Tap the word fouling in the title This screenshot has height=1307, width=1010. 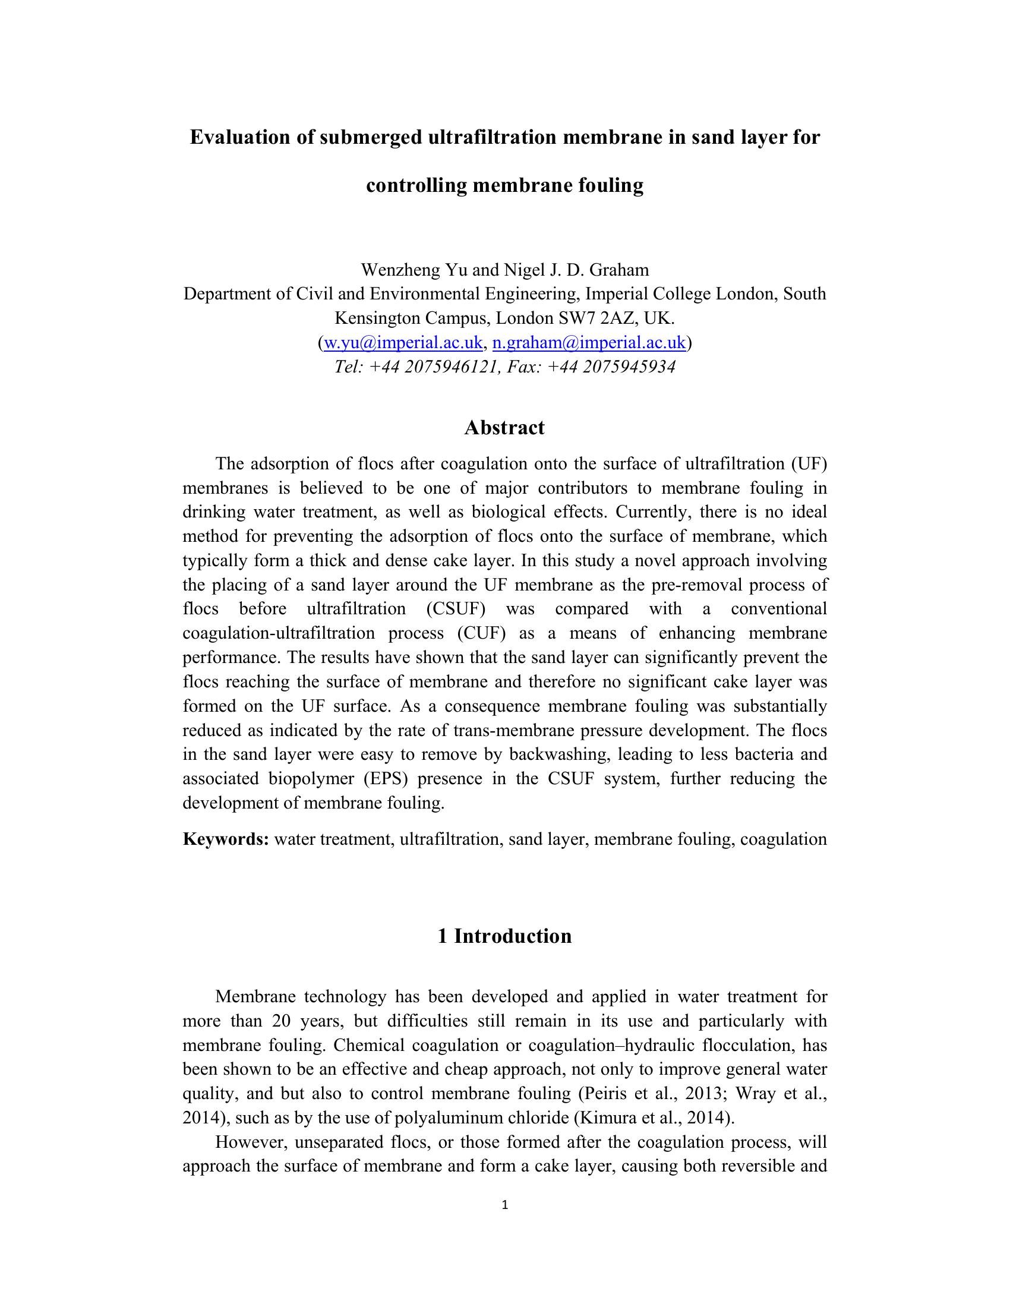click(x=610, y=185)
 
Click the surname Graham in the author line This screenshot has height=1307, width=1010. click(x=618, y=270)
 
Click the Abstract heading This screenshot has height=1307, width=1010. click(x=504, y=427)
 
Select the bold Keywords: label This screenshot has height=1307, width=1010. click(x=226, y=839)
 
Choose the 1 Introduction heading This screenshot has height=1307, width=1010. click(x=504, y=935)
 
